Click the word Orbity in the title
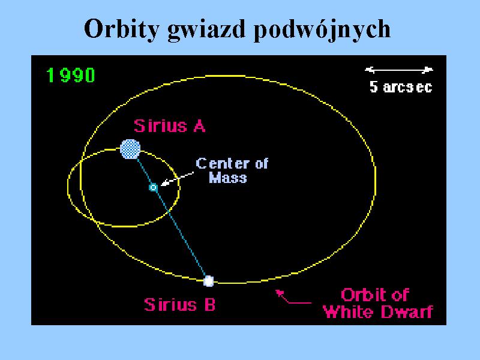122,29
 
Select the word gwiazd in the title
206,29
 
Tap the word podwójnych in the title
322,29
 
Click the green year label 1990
71,75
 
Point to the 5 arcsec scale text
401,87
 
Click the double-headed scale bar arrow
399,70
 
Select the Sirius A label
170,126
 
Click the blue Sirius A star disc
130,149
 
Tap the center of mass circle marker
153,187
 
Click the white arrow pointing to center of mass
177,179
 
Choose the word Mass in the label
228,178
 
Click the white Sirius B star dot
208,281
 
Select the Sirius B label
179,305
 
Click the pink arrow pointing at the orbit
293,297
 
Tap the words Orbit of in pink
375,295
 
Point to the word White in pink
348,312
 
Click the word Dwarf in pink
406,312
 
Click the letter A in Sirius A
199,126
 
